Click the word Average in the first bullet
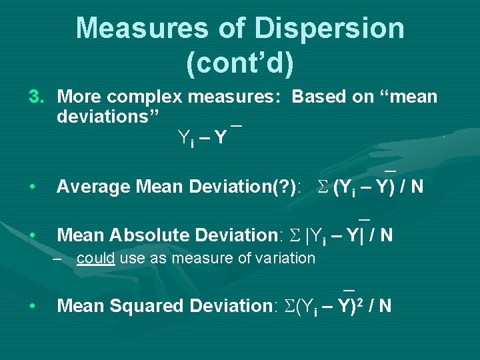(93, 187)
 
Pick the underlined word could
(96, 258)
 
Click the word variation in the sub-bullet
(285, 258)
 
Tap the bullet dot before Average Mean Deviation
(33, 187)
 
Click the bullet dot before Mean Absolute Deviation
(33, 235)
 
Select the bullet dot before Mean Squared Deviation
(33, 306)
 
